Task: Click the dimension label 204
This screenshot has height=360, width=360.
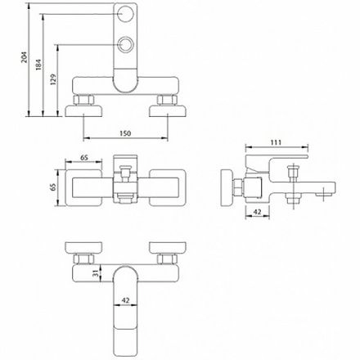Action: click(x=25, y=57)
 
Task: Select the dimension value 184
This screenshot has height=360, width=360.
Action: click(x=38, y=65)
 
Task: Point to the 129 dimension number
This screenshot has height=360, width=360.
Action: click(x=53, y=79)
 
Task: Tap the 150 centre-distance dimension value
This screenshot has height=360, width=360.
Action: click(x=125, y=133)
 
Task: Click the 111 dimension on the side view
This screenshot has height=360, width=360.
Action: click(x=276, y=142)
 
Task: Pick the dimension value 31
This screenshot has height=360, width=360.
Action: click(x=96, y=272)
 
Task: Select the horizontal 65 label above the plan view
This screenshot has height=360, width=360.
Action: click(x=84, y=158)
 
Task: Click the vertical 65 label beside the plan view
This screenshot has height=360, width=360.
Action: click(x=53, y=187)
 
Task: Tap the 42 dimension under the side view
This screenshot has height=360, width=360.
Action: click(x=257, y=212)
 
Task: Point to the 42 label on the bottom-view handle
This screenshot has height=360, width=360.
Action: click(x=125, y=300)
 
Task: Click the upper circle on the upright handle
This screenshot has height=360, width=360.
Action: click(x=125, y=14)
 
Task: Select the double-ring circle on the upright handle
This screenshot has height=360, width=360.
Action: click(x=125, y=44)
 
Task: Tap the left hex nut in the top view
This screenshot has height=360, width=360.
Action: click(x=84, y=100)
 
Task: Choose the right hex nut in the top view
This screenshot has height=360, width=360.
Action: click(x=168, y=100)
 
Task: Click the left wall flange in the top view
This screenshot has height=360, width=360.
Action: click(x=84, y=111)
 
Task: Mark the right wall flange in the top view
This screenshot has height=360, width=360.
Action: click(x=168, y=111)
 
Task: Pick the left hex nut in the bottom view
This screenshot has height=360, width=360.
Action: click(x=84, y=259)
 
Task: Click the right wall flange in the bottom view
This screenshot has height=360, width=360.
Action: click(x=168, y=248)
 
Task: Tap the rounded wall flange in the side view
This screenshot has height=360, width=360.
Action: click(x=226, y=188)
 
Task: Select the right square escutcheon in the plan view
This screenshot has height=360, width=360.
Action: click(x=168, y=188)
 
